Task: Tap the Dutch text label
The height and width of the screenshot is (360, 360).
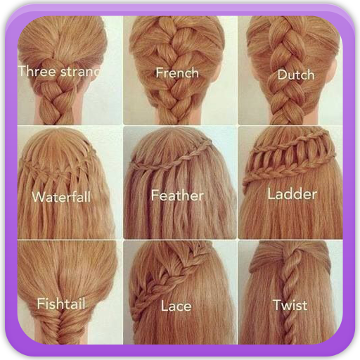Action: (x=295, y=74)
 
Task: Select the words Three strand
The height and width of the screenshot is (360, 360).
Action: (x=60, y=71)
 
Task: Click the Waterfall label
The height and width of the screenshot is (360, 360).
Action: (x=60, y=197)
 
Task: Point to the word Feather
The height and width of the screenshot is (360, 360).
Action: (x=176, y=195)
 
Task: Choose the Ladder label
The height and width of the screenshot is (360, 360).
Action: (x=293, y=193)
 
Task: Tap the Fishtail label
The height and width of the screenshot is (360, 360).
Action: (x=61, y=304)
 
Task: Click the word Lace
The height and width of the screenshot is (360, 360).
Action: (x=176, y=306)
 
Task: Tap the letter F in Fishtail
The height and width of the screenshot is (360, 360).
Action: (x=41, y=304)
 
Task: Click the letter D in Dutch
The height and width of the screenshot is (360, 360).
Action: (x=281, y=74)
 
